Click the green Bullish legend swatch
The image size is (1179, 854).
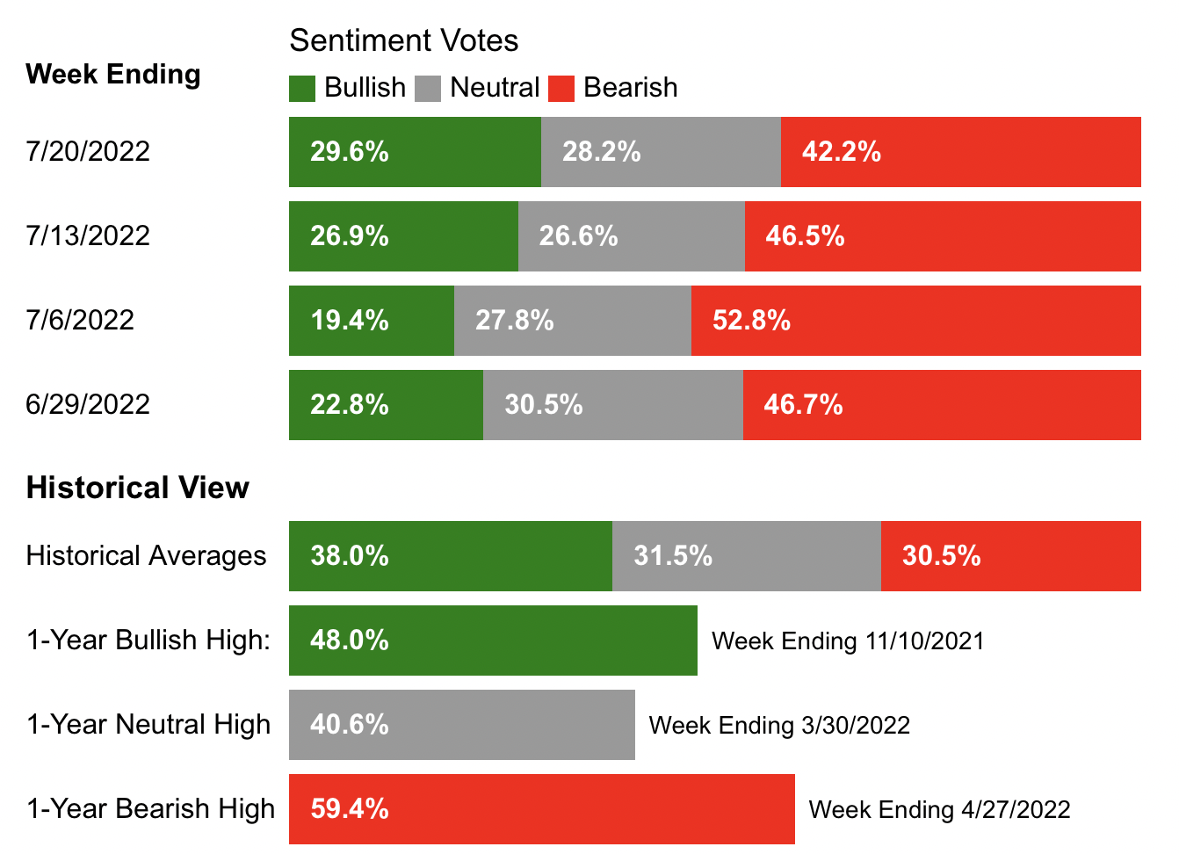(x=302, y=89)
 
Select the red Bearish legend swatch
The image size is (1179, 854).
(x=561, y=89)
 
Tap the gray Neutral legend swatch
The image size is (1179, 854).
(x=428, y=89)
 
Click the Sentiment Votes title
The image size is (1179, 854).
(x=403, y=40)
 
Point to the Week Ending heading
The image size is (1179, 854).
(x=113, y=74)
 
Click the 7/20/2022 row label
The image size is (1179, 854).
(x=88, y=151)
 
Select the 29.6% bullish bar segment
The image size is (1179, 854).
(x=415, y=152)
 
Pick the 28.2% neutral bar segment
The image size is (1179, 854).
(x=661, y=152)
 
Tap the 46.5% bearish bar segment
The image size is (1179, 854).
(x=943, y=236)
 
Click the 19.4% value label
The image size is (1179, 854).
(x=350, y=321)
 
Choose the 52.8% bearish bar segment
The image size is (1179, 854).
(x=915, y=321)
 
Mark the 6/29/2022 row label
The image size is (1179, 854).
(x=88, y=404)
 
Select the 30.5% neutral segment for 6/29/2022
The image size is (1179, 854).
(x=612, y=405)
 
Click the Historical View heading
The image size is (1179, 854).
(x=138, y=488)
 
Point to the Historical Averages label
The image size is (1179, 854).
(x=146, y=556)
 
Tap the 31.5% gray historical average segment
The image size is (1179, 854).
(x=746, y=556)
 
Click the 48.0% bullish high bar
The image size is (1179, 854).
(x=493, y=640)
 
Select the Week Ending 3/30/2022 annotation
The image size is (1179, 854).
(x=779, y=726)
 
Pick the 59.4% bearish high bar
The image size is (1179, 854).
(x=541, y=809)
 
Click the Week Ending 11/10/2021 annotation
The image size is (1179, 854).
(x=848, y=641)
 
